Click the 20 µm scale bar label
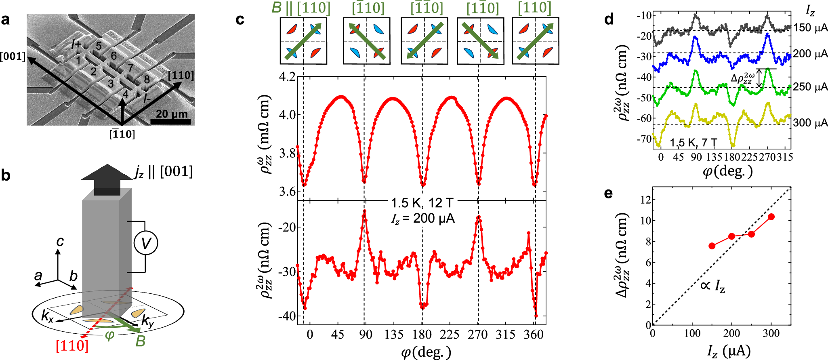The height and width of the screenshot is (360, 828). point(172,114)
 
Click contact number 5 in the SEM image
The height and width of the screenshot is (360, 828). point(99,46)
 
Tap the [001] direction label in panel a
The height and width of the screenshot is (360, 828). point(13,57)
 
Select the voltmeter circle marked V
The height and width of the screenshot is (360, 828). point(145,243)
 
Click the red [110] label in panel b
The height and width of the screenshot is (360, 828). point(71,346)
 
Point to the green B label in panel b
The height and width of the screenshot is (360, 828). point(140,341)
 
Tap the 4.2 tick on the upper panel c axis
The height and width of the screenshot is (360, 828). point(287,77)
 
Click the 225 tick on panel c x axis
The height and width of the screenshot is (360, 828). point(450,335)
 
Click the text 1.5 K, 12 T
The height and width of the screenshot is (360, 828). point(422,203)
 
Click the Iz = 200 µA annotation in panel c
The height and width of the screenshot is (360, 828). point(422,219)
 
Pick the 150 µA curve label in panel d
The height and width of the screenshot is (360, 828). point(810,28)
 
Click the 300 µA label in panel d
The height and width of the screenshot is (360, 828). point(810,123)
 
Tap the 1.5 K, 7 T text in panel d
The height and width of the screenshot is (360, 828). point(693,143)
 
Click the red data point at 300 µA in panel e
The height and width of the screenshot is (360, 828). point(771,217)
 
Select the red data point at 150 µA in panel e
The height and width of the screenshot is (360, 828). point(712,246)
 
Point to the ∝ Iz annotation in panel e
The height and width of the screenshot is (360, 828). point(712,286)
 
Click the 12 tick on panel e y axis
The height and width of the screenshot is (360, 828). point(646,200)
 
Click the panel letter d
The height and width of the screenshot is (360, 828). point(609,19)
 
